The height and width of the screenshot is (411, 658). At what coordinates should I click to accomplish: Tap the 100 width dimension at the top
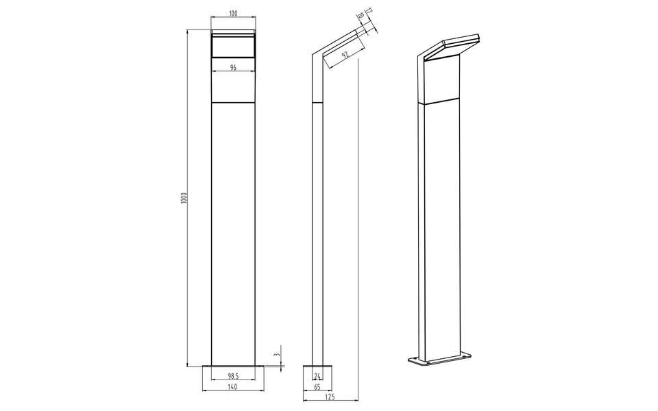click(233, 14)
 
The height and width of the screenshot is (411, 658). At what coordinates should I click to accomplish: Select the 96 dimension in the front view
click(233, 68)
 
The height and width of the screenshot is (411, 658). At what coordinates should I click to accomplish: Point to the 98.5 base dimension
click(233, 376)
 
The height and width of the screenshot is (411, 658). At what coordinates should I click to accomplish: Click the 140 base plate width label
click(233, 387)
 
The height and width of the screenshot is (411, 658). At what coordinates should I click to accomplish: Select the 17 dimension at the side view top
click(368, 12)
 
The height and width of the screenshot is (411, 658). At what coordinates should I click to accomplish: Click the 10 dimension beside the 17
click(361, 16)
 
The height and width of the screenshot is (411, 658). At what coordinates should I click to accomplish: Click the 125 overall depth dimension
click(331, 397)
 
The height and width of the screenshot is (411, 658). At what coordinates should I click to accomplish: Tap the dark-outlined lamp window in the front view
click(233, 47)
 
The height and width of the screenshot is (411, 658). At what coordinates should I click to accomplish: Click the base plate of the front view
click(233, 367)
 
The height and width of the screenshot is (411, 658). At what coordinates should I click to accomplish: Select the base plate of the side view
click(317, 367)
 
